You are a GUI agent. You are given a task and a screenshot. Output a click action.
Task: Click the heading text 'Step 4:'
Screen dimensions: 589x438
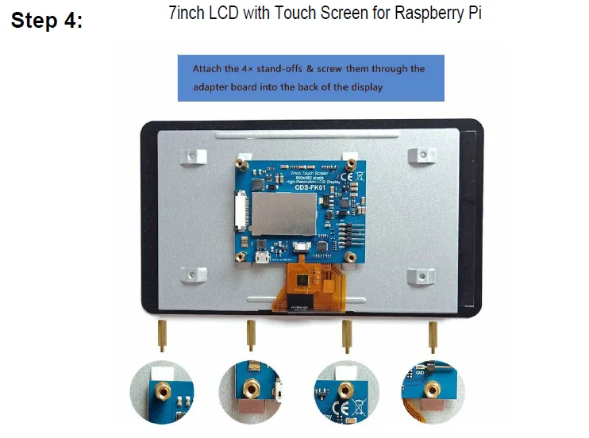(46, 21)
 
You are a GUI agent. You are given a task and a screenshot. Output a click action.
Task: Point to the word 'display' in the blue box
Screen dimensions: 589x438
(364, 86)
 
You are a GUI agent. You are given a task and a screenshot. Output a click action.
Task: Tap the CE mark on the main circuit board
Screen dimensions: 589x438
(347, 177)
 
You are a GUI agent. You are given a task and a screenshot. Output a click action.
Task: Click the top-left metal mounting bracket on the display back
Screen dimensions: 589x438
(191, 156)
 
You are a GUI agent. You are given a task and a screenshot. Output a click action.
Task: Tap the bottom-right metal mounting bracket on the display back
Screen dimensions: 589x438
(420, 275)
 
